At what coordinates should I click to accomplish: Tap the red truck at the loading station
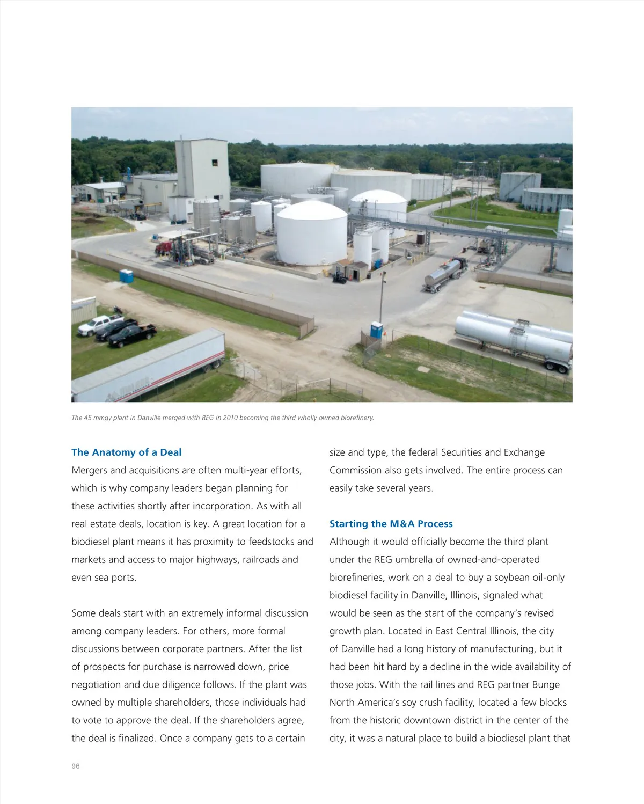pyautogui.click(x=164, y=248)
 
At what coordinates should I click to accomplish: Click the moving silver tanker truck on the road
pyautogui.click(x=444, y=273)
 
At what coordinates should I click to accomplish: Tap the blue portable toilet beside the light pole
pyautogui.click(x=376, y=330)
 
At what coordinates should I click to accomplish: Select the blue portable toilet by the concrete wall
pyautogui.click(x=127, y=276)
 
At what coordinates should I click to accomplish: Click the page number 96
pyautogui.click(x=76, y=766)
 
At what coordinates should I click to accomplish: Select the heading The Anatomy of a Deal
pyautogui.click(x=127, y=452)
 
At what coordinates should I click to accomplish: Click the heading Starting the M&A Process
pyautogui.click(x=391, y=524)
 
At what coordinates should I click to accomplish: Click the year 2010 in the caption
pyautogui.click(x=230, y=418)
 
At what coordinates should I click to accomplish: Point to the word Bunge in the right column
pyautogui.click(x=546, y=685)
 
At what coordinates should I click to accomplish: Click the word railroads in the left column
pyautogui.click(x=261, y=560)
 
